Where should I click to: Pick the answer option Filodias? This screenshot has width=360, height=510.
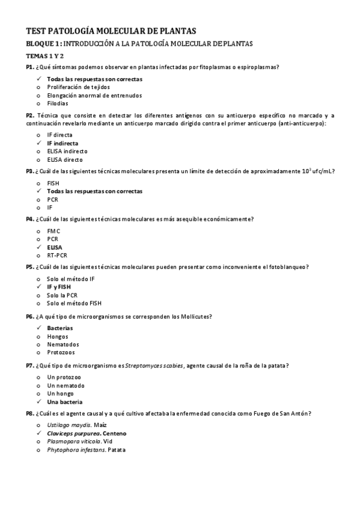coord(58,103)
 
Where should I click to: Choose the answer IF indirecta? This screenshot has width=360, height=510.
coord(62,144)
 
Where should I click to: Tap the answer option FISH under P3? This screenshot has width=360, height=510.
coord(53,183)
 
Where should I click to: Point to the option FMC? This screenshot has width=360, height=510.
coord(53,231)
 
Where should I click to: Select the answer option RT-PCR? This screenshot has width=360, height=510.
coord(57,255)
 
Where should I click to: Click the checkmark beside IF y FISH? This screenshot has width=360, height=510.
coord(38,287)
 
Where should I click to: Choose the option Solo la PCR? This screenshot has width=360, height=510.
coord(62,295)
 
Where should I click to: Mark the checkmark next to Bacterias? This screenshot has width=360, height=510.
coord(38,328)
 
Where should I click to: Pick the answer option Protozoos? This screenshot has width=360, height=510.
coord(61,352)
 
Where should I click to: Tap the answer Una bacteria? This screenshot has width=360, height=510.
coord(64,401)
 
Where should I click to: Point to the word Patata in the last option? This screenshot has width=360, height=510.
coord(117,450)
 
